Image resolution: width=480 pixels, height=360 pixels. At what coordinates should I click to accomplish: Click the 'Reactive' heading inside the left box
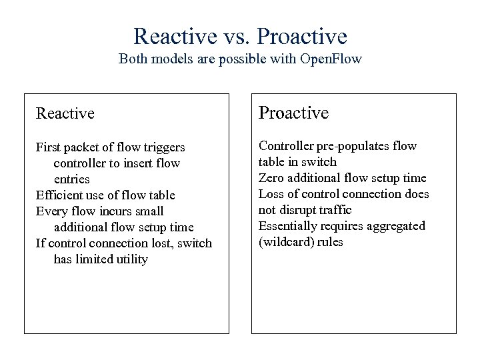click(65, 113)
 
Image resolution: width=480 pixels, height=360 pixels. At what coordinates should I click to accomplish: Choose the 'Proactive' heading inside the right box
click(293, 113)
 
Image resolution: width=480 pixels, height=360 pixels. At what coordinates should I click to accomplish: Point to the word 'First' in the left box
click(49, 147)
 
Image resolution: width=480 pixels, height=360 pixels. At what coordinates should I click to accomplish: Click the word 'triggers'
click(163, 147)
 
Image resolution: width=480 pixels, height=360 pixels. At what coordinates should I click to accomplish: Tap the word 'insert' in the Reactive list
click(145, 163)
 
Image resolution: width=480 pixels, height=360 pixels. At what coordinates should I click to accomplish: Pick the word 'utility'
click(130, 259)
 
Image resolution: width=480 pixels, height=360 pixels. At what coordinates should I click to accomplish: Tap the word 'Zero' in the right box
click(272, 178)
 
